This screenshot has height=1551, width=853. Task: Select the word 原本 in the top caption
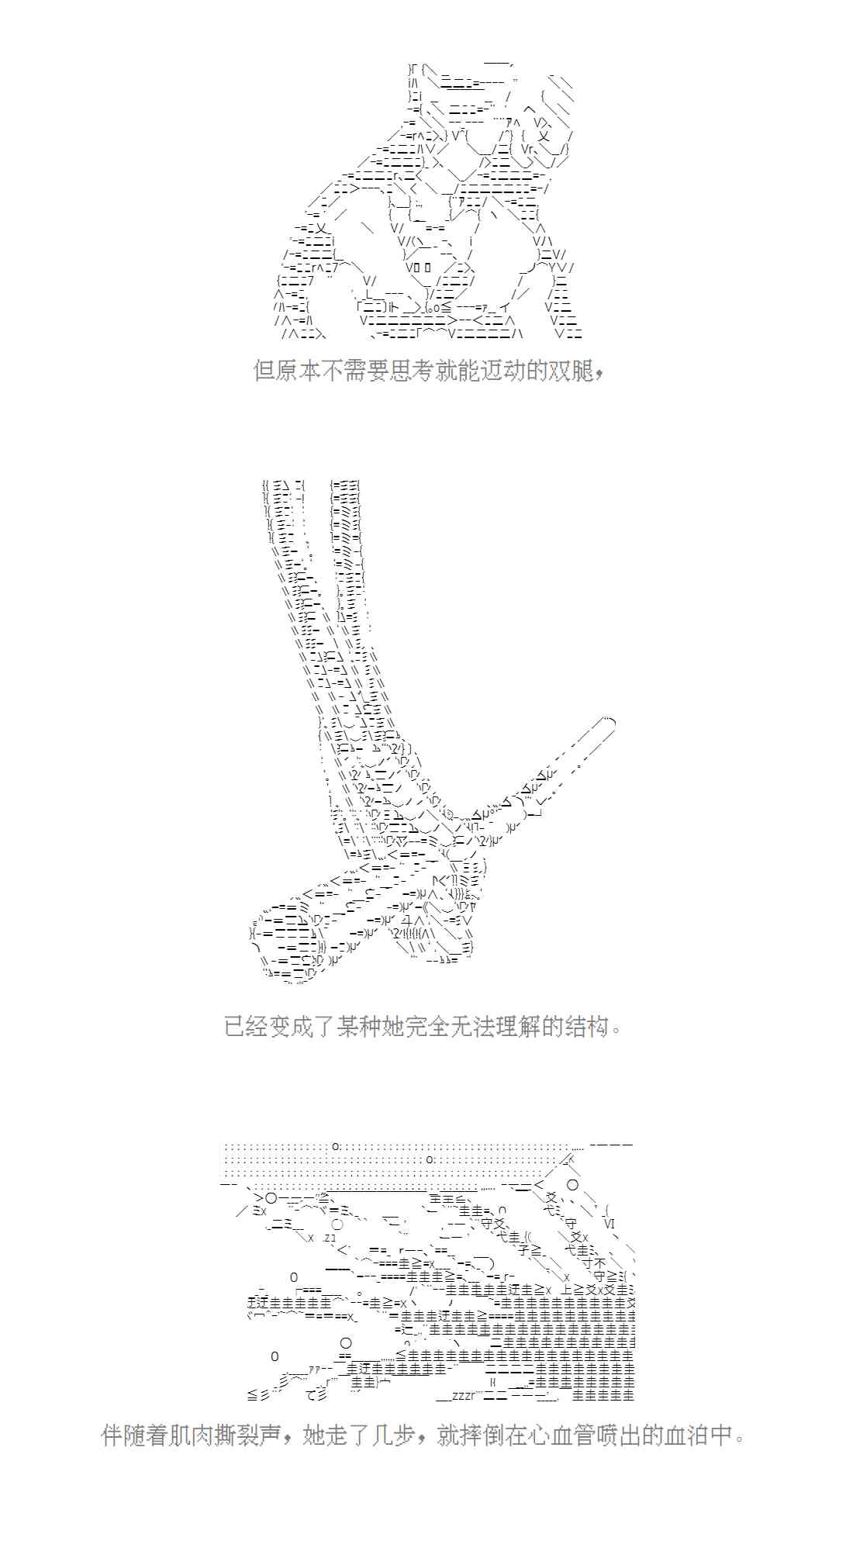[x=299, y=371]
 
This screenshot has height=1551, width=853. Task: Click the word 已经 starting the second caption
[x=246, y=1027]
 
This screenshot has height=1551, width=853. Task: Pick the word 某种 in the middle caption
[x=359, y=1027]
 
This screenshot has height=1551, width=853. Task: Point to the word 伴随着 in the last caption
[x=134, y=1435]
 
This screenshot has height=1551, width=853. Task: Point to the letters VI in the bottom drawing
[x=609, y=1224]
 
